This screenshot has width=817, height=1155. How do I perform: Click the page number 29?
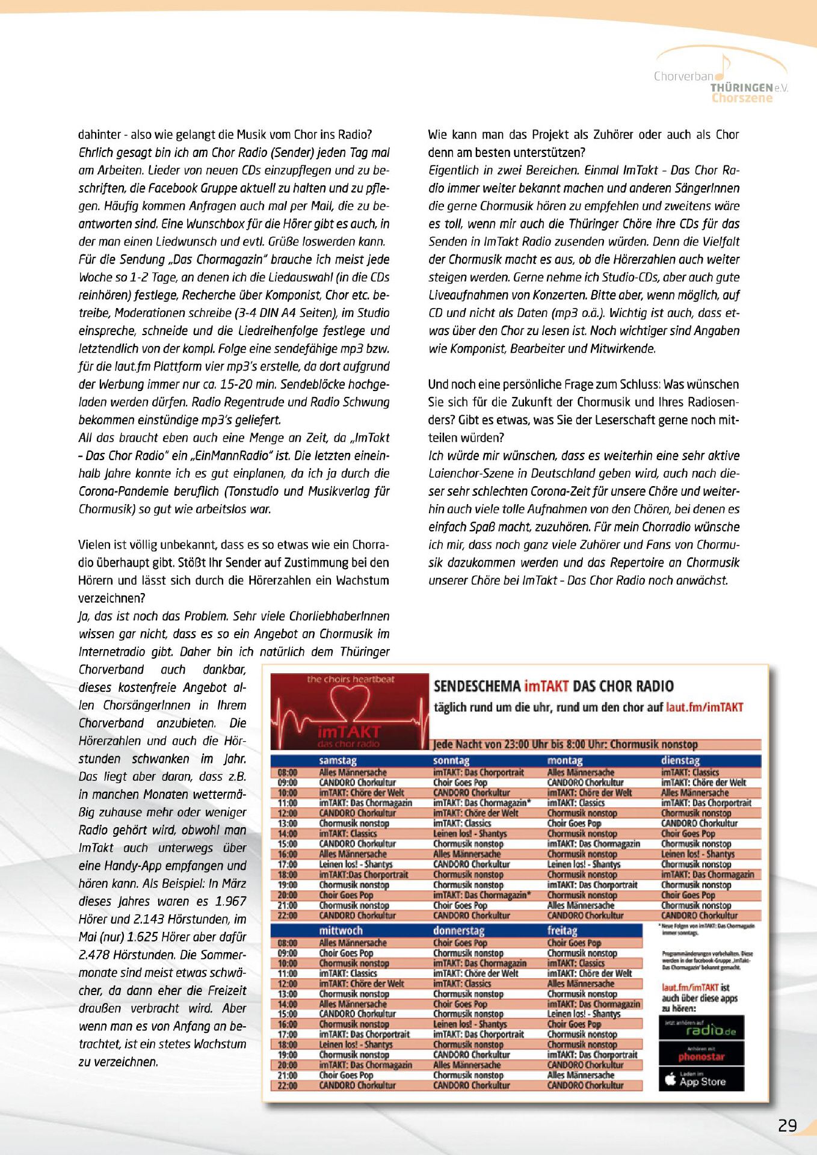click(787, 1125)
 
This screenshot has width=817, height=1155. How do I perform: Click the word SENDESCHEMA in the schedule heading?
click(477, 686)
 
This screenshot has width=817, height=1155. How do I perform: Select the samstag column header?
click(338, 761)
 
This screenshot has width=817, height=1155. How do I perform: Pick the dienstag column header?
click(680, 761)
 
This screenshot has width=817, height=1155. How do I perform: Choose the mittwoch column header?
click(341, 931)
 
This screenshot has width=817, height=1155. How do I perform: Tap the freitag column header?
click(562, 931)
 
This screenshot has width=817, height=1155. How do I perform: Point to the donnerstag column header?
click(458, 931)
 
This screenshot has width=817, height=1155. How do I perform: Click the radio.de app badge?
click(701, 1028)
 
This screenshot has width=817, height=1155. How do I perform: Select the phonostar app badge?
click(701, 1055)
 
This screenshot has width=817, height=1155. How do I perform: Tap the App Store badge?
click(701, 1080)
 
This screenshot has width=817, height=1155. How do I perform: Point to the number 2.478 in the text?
click(95, 955)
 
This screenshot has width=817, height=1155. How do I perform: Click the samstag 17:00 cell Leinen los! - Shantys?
click(356, 864)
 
